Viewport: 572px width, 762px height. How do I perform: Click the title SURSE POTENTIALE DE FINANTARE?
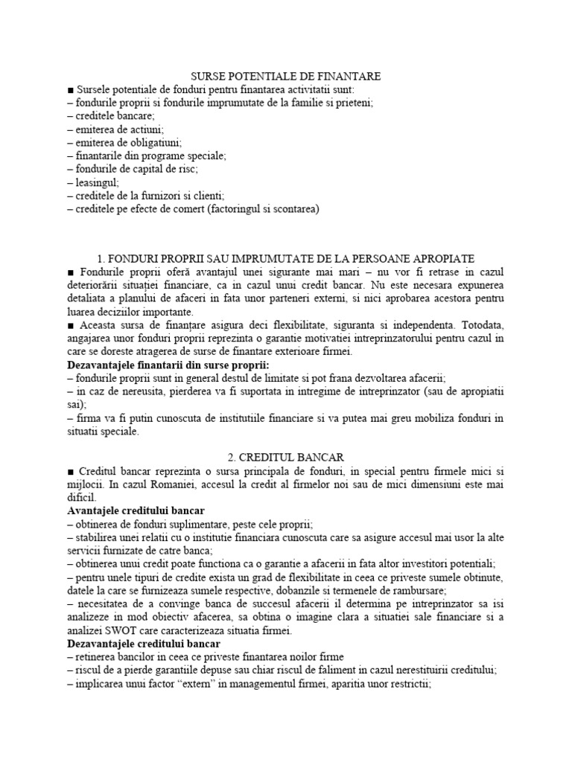point(287,77)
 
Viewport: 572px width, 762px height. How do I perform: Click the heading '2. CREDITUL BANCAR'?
point(286,457)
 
